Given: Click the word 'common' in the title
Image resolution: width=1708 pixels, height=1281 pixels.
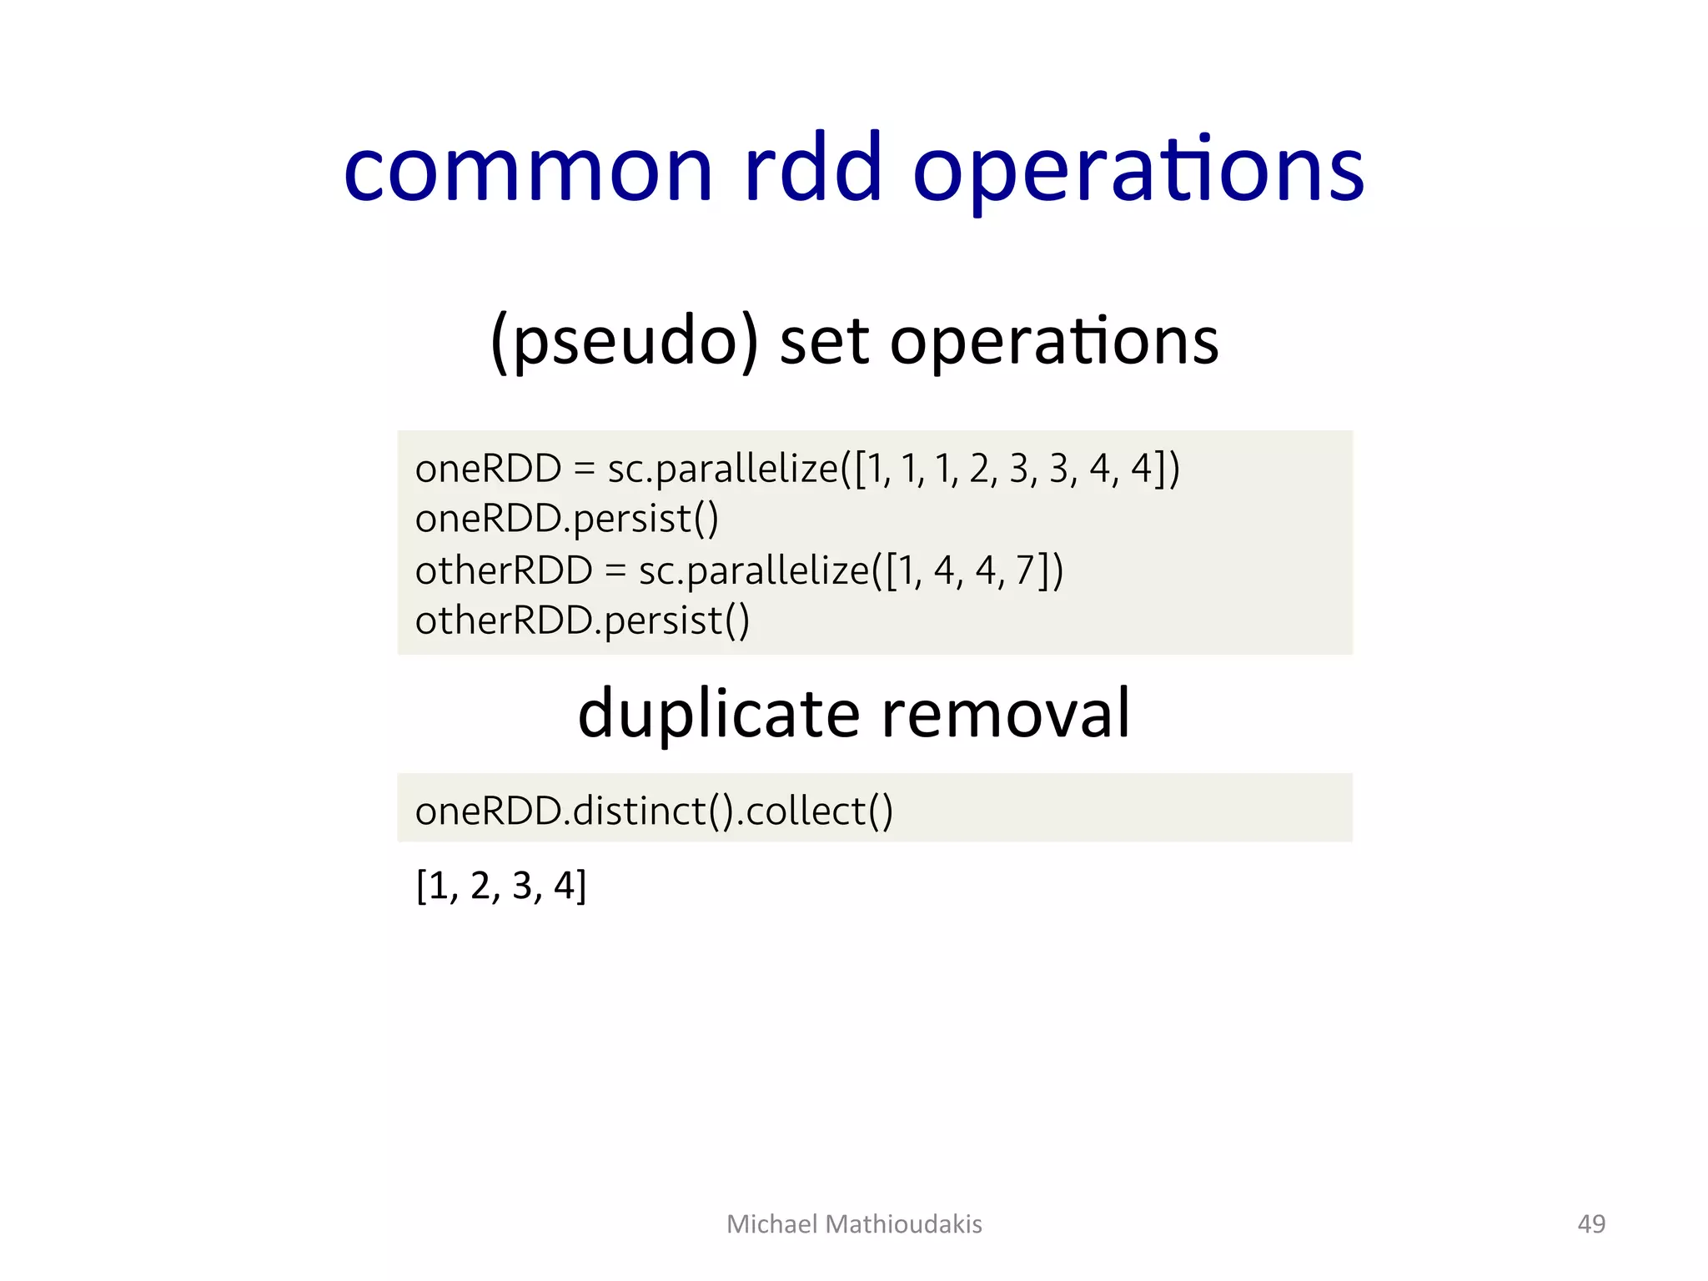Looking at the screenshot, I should (529, 170).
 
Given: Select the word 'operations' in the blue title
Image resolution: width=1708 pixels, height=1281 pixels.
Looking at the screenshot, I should (1138, 170).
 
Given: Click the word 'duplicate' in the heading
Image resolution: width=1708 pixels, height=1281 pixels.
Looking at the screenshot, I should (718, 714).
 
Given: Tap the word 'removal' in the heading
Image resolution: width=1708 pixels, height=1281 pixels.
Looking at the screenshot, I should (1006, 714).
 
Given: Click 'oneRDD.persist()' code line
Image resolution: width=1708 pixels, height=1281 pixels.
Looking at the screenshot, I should (566, 519).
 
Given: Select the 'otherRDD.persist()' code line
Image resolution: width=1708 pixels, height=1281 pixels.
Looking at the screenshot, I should (582, 621).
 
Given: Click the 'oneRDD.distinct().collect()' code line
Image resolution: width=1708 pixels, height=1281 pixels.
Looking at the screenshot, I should (654, 811).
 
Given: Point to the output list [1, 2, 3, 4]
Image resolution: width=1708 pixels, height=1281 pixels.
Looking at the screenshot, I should (501, 886).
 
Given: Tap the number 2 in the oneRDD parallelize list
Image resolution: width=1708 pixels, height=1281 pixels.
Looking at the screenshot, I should (978, 469).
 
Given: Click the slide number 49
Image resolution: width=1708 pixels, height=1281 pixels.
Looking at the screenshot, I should (1591, 1223).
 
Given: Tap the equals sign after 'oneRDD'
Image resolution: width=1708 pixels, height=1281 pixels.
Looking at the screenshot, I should (584, 470).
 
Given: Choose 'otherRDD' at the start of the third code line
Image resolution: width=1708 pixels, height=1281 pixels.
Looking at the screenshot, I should (504, 571).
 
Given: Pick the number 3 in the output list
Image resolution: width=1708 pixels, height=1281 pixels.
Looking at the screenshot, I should (522, 886).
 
